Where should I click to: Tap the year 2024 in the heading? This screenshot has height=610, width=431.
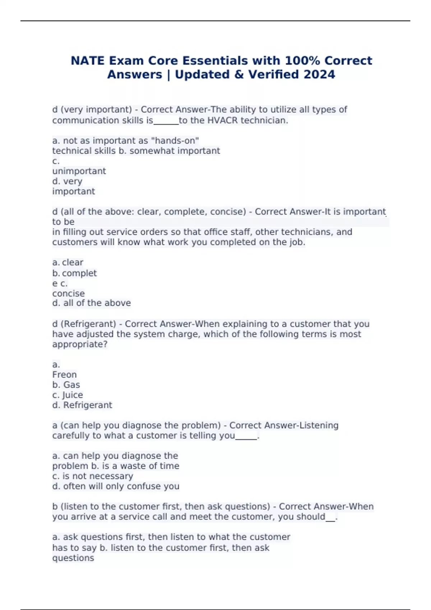pyautogui.click(x=319, y=74)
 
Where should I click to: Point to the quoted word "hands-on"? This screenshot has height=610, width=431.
pyautogui.click(x=175, y=141)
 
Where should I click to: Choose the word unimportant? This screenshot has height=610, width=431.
pyautogui.click(x=79, y=171)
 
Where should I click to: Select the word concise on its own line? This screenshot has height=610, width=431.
pyautogui.click(x=69, y=294)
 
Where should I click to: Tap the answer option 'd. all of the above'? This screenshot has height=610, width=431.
pyautogui.click(x=92, y=303)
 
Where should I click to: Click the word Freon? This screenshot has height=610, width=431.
pyautogui.click(x=65, y=375)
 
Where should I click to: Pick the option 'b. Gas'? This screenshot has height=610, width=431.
pyautogui.click(x=66, y=385)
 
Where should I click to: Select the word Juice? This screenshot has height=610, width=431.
pyautogui.click(x=73, y=395)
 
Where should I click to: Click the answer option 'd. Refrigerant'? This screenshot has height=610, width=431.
pyautogui.click(x=82, y=405)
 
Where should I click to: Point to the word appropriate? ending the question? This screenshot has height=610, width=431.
pyautogui.click(x=80, y=344)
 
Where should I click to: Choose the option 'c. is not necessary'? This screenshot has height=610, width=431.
pyautogui.click(x=93, y=476)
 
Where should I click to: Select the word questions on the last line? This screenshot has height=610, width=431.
pyautogui.click(x=73, y=558)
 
